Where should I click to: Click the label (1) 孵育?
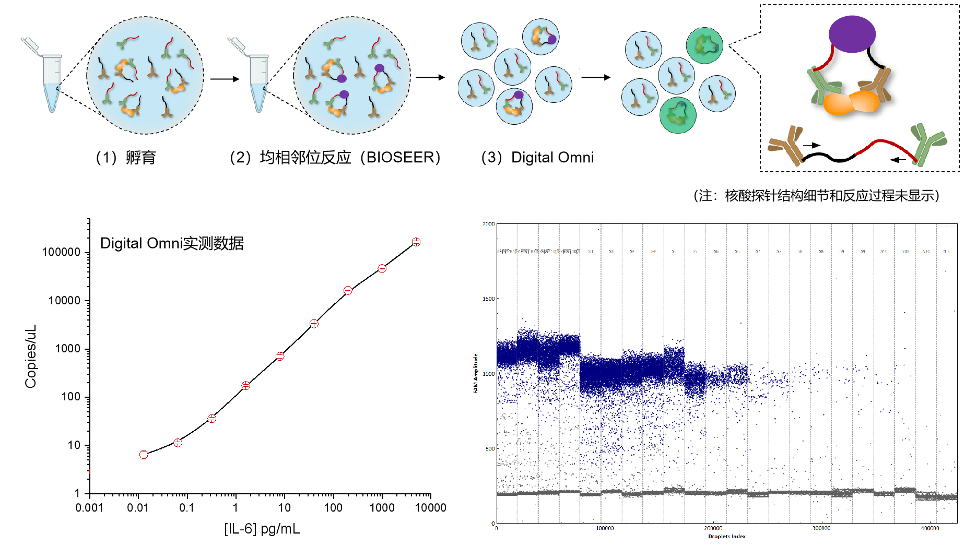coord(125,157)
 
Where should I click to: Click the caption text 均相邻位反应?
coord(305,157)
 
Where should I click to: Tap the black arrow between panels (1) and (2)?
coord(231,79)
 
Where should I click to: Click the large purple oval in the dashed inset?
coord(852,34)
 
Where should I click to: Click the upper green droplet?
coord(704,45)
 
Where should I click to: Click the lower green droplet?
coord(678,115)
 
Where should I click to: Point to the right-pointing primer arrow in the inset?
coord(811,145)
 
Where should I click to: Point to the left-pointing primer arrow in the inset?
coord(898,159)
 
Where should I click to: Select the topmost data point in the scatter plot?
coord(416,242)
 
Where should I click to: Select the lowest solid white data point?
coord(144,455)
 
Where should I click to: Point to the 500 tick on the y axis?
coord(490,448)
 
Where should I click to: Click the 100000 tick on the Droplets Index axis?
coord(605,528)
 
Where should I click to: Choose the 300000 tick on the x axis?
coord(821,528)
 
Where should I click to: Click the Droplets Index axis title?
coord(726,536)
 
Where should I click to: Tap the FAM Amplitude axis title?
coord(475,373)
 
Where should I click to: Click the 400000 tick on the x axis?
coord(929,528)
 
